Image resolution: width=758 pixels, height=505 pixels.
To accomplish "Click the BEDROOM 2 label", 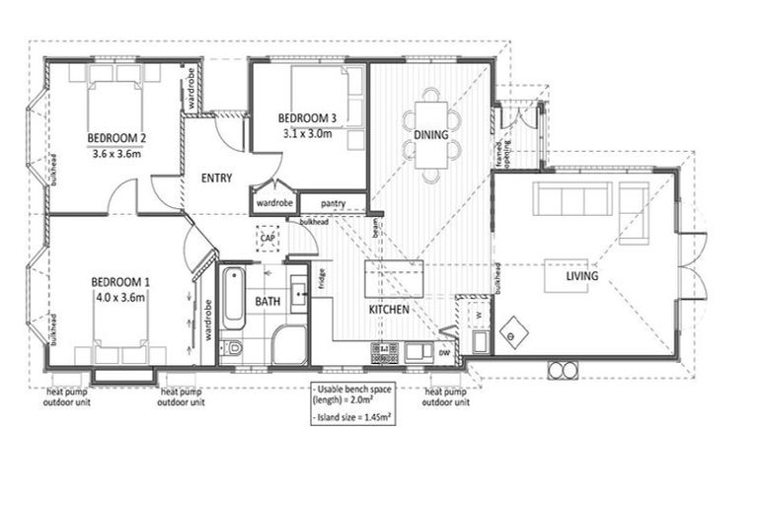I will pos(117,138).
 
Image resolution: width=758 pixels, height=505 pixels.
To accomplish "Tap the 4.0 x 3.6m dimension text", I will pos(118,296).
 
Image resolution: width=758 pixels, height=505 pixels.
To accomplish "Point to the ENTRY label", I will pos(216,179).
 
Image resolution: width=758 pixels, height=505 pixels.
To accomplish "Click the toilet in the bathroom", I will pos(233,349).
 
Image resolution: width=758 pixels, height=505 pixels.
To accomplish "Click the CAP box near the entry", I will pos(266,238).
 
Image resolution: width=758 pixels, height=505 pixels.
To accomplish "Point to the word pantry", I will pos(333,203).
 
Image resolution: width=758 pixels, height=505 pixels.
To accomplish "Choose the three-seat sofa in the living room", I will pos(571,200).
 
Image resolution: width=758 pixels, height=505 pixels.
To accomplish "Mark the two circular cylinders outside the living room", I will pos(565,371).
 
